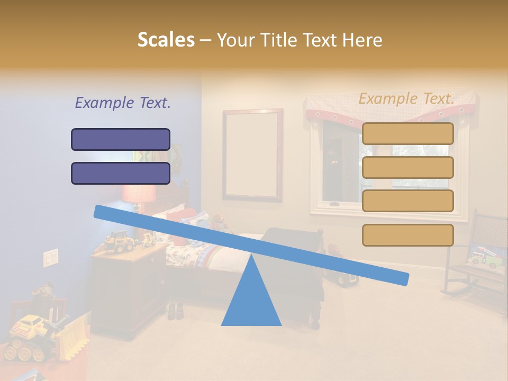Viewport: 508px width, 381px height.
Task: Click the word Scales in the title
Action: tap(166, 40)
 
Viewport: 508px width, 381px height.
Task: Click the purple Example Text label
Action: tap(123, 103)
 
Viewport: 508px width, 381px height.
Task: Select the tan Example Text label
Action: tap(406, 98)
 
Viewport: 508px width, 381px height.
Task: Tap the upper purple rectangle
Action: tap(121, 139)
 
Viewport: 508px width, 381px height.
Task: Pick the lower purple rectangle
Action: tap(121, 173)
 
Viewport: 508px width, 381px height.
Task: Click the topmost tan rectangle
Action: tap(407, 133)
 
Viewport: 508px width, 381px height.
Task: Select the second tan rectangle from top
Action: tap(407, 167)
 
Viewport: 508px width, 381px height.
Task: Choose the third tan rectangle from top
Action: tap(407, 201)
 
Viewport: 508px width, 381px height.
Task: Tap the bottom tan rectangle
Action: tap(407, 235)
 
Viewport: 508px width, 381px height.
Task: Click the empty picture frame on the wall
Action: tap(252, 155)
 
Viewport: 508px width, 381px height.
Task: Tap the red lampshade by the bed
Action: tap(139, 193)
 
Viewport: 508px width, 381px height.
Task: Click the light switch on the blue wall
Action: tap(51, 257)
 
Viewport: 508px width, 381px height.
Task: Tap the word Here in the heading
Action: tap(362, 40)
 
